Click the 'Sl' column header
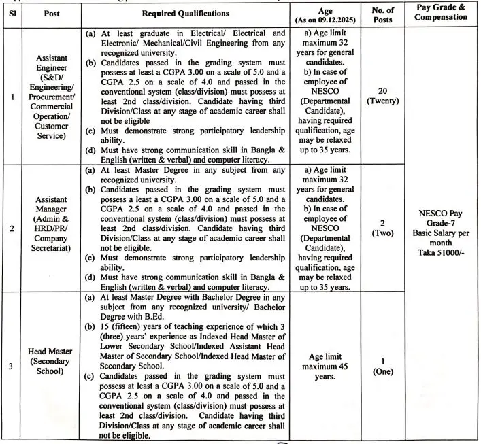pos(13,13)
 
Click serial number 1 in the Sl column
pos(13,96)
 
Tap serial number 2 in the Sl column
pos(13,228)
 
